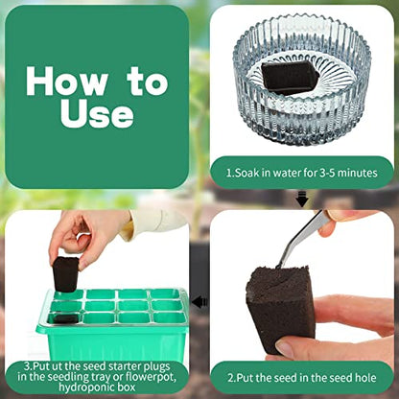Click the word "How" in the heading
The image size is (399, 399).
click(66, 81)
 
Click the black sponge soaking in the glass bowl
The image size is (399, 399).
click(290, 78)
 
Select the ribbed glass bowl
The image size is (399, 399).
click(301, 80)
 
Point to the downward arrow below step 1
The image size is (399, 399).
click(302, 199)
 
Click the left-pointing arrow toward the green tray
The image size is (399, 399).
click(199, 301)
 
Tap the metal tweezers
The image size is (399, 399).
click(304, 237)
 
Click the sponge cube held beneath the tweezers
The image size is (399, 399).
click(279, 309)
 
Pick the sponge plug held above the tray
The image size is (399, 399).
click(65, 274)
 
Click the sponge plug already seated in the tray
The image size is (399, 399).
click(64, 318)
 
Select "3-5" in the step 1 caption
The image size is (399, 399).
click(327, 173)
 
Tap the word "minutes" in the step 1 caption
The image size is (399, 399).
click(358, 173)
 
